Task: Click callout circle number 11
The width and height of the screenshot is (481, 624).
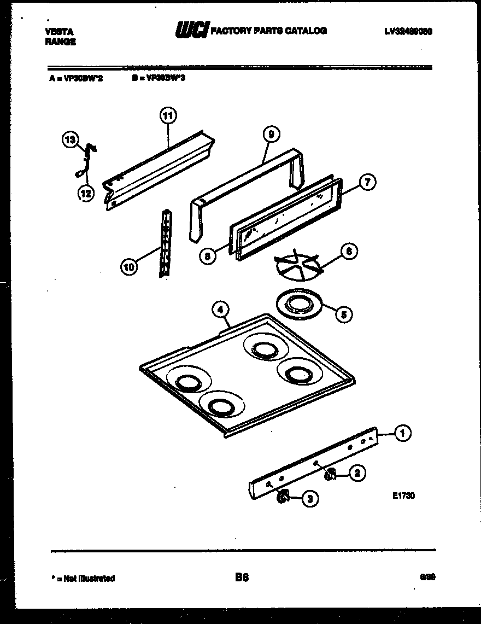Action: click(x=168, y=115)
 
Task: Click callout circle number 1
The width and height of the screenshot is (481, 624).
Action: click(x=402, y=434)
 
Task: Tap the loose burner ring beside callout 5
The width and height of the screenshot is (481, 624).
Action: click(x=298, y=303)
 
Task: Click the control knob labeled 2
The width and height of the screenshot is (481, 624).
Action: click(x=330, y=475)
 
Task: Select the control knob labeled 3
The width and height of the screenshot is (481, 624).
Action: click(x=283, y=497)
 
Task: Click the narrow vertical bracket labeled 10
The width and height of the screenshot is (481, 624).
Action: click(x=163, y=243)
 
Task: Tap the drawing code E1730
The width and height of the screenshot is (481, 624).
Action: click(x=403, y=496)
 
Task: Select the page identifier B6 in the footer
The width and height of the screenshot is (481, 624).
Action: click(x=242, y=578)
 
